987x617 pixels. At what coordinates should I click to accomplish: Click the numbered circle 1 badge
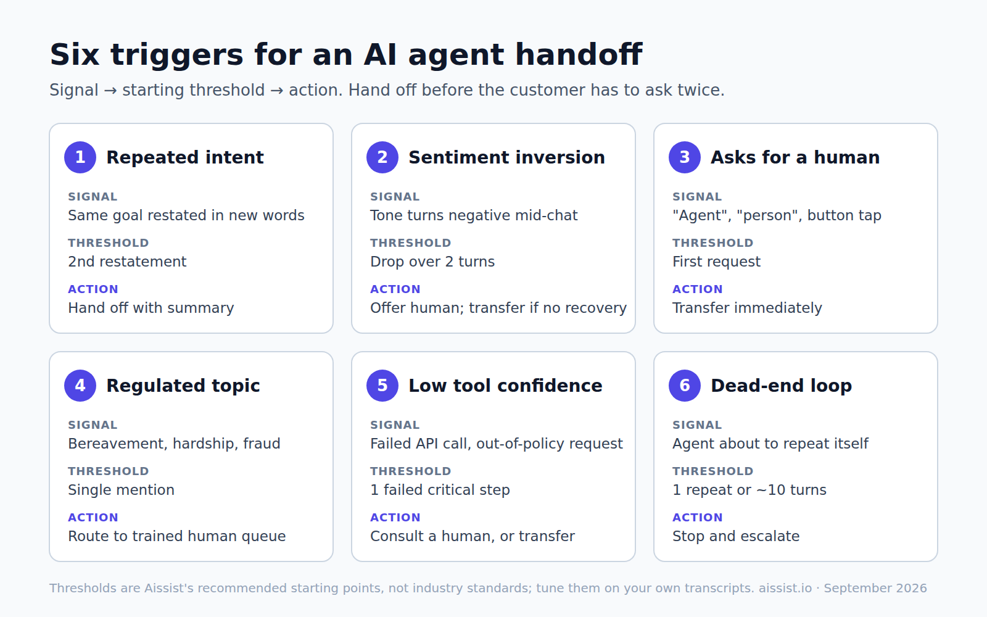(80, 157)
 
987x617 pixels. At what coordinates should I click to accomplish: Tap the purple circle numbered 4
(80, 386)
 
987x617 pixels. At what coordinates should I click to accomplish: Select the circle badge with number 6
(685, 386)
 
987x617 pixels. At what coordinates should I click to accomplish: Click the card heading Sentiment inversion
(506, 157)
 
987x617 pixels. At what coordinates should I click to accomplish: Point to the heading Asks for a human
(795, 157)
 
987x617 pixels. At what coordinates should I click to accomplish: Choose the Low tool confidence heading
(505, 386)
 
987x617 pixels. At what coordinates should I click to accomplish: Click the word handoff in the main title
(579, 55)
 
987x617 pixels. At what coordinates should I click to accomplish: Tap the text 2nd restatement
(127, 262)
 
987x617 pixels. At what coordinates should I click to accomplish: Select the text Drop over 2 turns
(432, 262)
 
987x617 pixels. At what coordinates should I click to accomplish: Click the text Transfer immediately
(747, 308)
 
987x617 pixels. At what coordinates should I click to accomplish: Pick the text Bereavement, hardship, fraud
(174, 444)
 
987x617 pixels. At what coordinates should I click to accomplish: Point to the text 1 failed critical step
(440, 490)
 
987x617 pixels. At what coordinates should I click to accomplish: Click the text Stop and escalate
(736, 536)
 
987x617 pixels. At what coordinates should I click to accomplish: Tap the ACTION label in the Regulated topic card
(93, 518)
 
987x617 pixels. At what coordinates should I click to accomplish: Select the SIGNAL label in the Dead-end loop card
(697, 425)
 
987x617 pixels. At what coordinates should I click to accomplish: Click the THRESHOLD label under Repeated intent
(109, 243)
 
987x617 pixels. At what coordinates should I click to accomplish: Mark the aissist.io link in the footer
(785, 589)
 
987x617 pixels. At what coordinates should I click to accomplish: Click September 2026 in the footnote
(875, 589)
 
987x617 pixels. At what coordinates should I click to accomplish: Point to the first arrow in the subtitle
(110, 90)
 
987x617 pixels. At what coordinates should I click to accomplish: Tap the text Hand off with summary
(151, 308)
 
